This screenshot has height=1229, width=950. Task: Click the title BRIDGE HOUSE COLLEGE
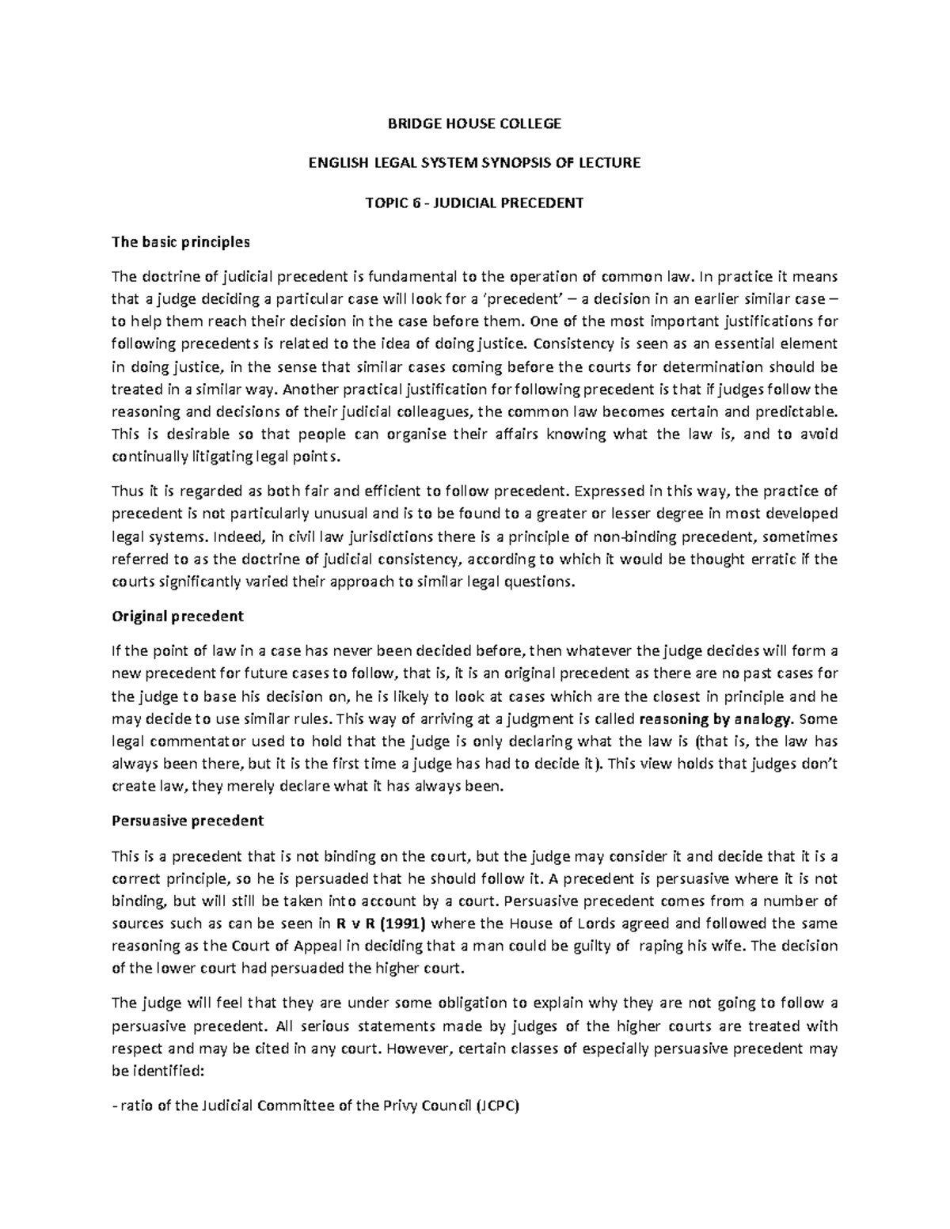pyautogui.click(x=474, y=123)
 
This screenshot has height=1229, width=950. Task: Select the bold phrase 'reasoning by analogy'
pyautogui.click(x=715, y=719)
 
